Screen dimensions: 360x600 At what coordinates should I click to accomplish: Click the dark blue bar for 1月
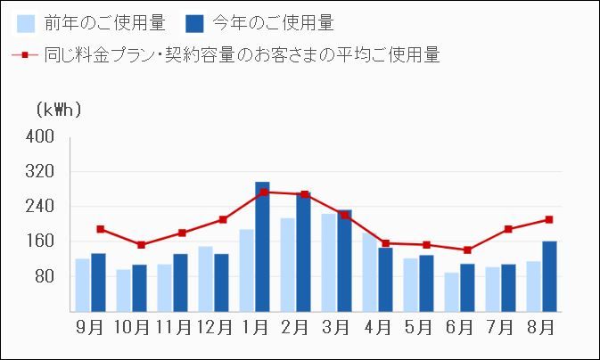point(262,247)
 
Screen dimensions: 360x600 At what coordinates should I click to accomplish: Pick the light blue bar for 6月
point(452,291)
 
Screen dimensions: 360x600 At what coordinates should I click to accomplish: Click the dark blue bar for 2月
point(303,252)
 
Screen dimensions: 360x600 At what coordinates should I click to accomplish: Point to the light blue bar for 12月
point(206,278)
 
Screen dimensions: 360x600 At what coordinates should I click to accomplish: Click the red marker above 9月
point(100,229)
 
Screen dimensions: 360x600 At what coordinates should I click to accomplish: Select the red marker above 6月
point(467,250)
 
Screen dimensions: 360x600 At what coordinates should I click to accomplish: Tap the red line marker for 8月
point(549,219)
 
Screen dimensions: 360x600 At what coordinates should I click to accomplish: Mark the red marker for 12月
point(223,219)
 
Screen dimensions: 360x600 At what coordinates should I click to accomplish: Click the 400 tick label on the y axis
point(43,136)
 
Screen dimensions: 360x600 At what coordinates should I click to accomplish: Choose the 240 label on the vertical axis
point(43,207)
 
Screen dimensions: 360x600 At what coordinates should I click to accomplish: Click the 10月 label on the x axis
point(132,327)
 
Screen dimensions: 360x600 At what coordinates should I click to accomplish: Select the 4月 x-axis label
point(378,327)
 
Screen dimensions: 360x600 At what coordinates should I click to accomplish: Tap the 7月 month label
point(501,327)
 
